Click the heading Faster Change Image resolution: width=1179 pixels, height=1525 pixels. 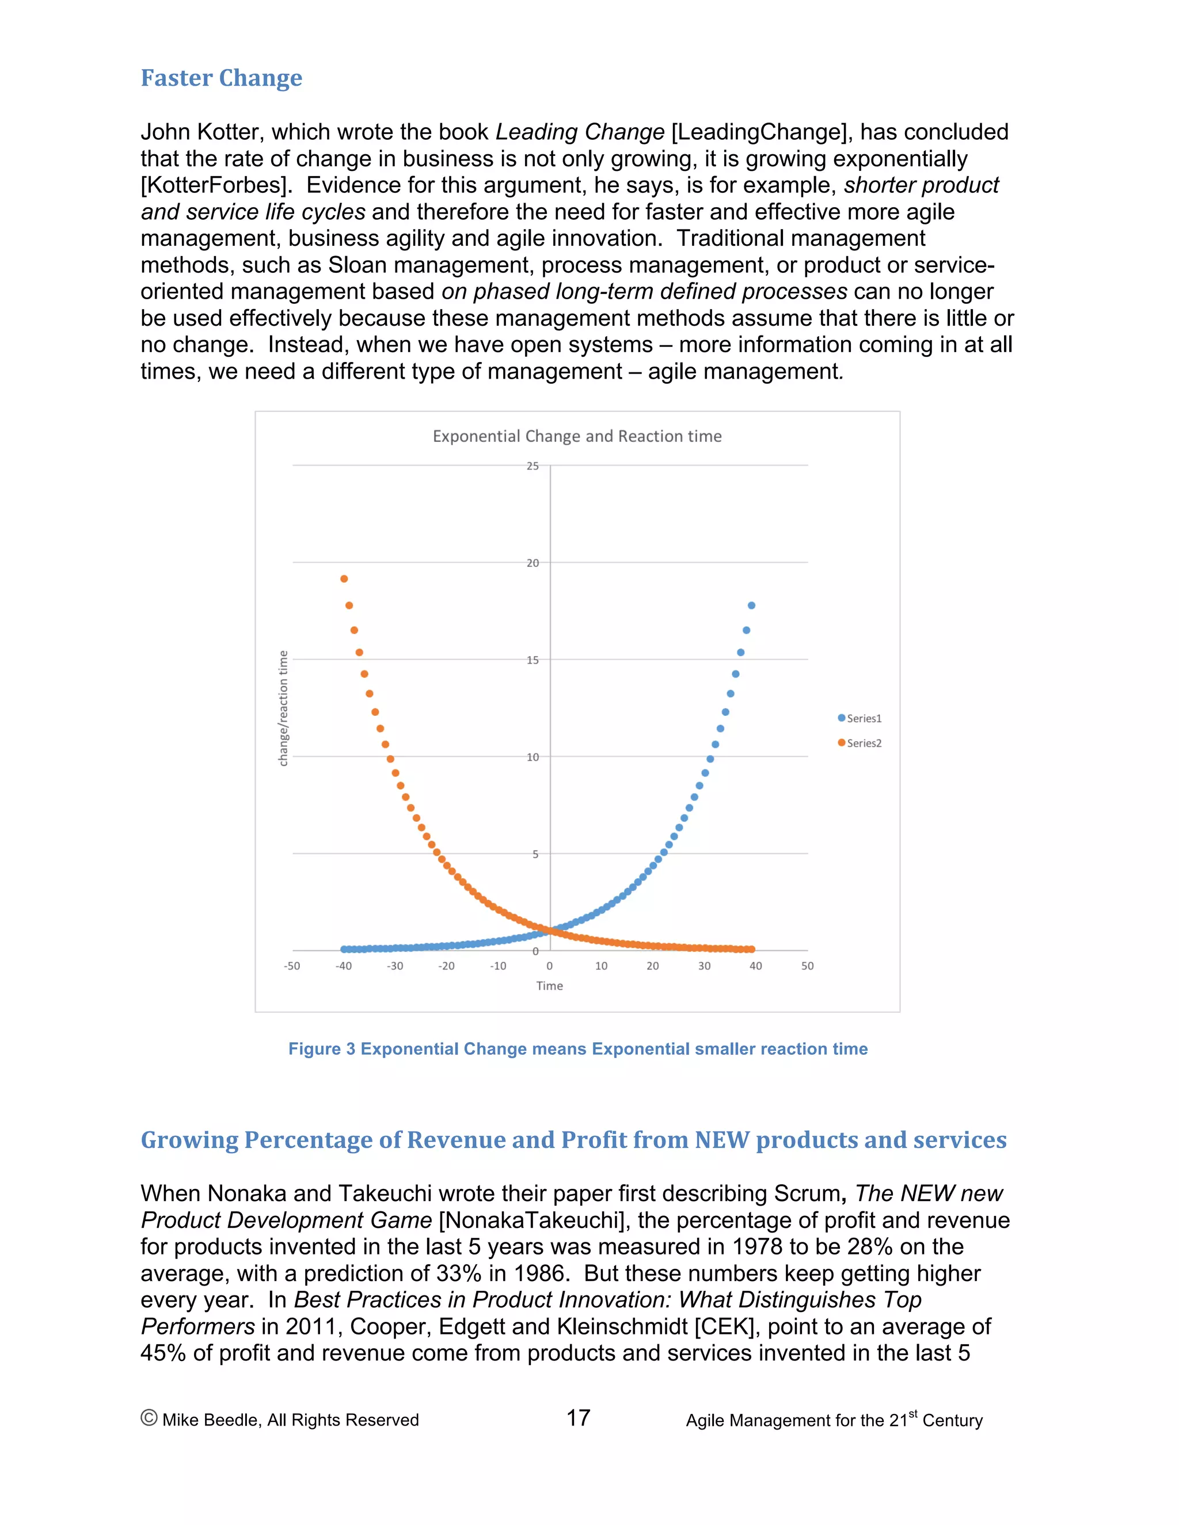point(222,78)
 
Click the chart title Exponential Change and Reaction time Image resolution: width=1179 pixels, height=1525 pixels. point(577,436)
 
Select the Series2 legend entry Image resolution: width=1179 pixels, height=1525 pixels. point(860,743)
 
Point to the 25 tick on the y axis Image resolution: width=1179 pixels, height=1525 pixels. point(533,466)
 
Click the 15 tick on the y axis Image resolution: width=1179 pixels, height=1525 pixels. point(533,660)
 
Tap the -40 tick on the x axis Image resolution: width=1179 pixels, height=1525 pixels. point(344,966)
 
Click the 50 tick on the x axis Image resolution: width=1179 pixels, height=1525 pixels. point(808,966)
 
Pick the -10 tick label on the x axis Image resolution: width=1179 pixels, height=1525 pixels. point(498,966)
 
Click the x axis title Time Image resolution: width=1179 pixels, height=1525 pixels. point(550,986)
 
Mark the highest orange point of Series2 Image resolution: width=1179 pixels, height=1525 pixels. point(344,579)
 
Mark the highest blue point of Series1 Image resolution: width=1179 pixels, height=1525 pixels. point(751,605)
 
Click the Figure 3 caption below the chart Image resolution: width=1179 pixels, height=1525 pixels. point(577,1049)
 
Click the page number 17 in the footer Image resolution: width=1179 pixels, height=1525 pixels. point(579,1418)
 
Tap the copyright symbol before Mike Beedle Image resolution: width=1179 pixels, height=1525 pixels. point(149,1418)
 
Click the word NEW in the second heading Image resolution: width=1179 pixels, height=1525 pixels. point(722,1139)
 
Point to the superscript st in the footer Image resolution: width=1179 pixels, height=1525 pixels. point(913,1413)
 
